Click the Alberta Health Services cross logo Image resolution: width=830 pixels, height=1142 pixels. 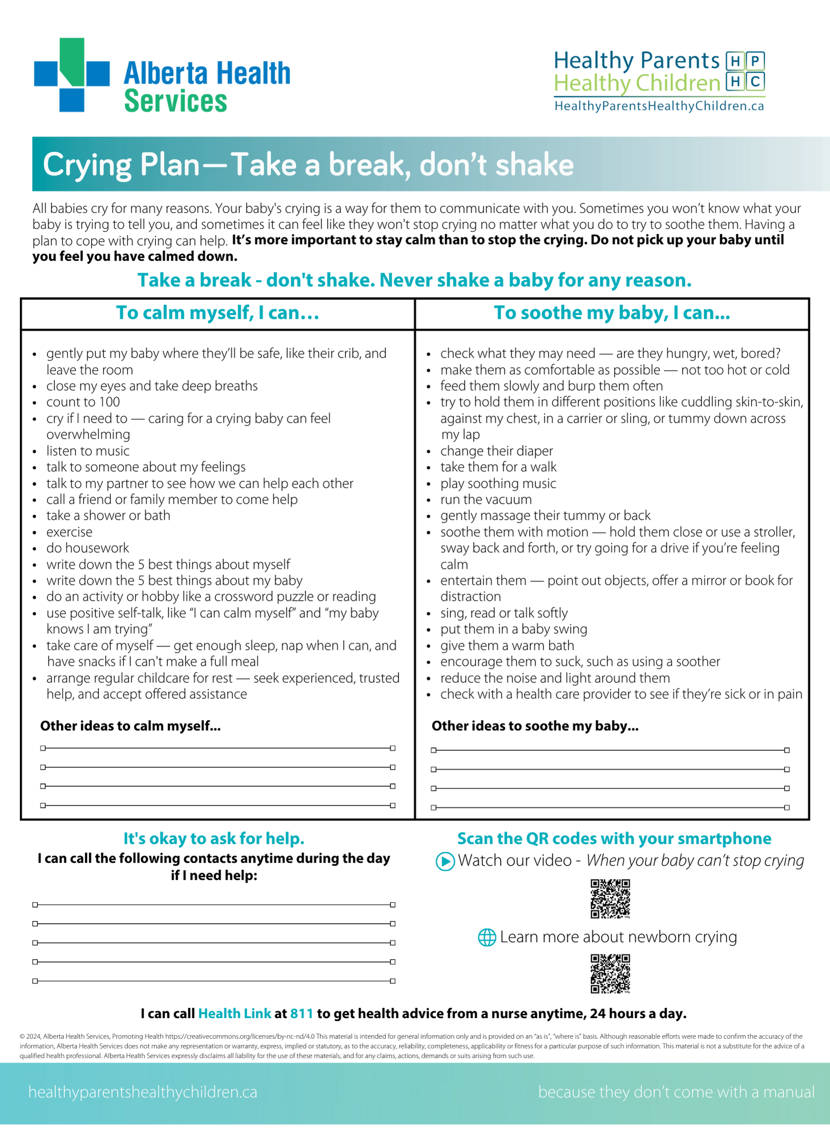tap(71, 75)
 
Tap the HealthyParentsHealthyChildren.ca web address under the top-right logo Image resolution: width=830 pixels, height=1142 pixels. tap(659, 106)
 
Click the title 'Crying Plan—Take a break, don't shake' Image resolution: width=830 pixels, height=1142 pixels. tap(308, 165)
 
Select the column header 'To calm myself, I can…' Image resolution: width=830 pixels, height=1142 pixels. tap(217, 313)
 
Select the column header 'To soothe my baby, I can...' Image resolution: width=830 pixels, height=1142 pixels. tap(612, 313)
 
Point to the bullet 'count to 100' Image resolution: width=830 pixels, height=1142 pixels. tap(83, 402)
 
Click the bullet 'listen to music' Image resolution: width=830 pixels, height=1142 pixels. tap(88, 451)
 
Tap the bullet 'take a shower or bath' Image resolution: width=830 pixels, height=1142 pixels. tap(108, 516)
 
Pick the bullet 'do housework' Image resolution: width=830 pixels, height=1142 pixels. tap(88, 548)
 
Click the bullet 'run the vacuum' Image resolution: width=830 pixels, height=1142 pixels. tap(486, 500)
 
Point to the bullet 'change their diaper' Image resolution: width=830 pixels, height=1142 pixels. tap(497, 451)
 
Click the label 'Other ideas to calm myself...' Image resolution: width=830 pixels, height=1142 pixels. tap(130, 726)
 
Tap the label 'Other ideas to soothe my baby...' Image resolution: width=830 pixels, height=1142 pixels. tap(535, 726)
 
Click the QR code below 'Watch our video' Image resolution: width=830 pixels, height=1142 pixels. tap(610, 899)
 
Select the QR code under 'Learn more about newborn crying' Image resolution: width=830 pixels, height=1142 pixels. tap(610, 974)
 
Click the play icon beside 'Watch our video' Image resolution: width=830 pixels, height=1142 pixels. tap(445, 861)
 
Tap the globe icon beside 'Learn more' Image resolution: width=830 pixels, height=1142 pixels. tap(487, 938)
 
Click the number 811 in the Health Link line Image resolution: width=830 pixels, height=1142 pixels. tap(302, 1014)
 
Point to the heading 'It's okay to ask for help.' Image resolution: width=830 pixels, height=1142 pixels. tap(214, 839)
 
